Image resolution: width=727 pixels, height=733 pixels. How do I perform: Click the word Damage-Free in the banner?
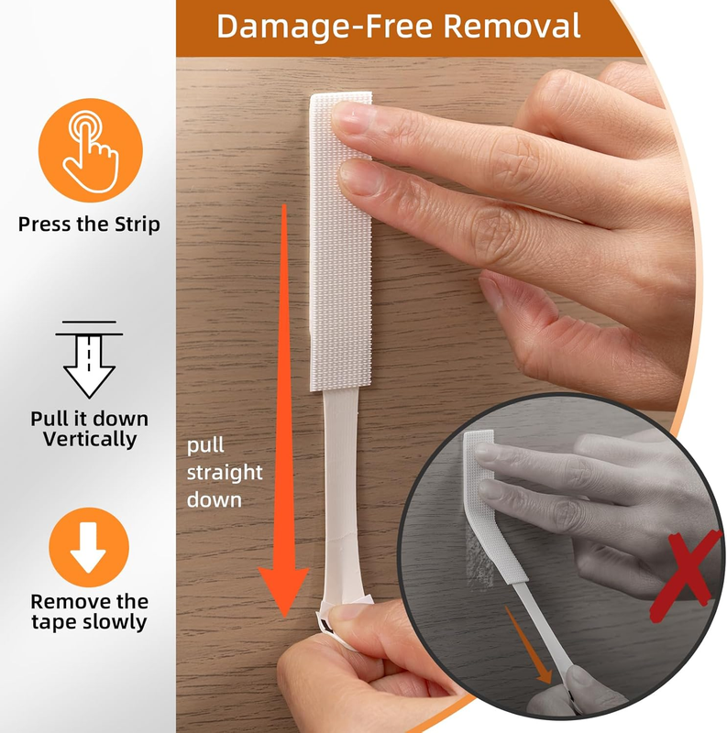(325, 27)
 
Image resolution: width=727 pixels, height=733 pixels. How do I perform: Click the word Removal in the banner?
(512, 26)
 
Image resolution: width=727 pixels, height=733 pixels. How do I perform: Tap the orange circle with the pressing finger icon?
(90, 150)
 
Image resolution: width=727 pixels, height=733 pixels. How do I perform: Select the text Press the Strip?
(89, 224)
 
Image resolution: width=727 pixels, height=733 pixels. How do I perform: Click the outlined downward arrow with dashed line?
(89, 359)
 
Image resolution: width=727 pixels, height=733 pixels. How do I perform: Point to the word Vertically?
(90, 439)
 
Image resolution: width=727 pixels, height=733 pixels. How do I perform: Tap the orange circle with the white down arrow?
(89, 547)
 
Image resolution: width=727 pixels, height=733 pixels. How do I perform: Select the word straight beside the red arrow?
(225, 473)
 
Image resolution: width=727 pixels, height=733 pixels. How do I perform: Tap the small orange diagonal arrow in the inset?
(529, 644)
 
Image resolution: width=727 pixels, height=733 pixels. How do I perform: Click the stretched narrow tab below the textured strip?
(340, 496)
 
